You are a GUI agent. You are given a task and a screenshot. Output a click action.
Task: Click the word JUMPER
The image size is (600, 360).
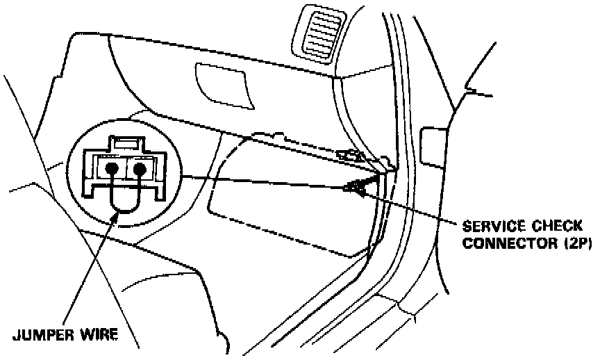point(45,335)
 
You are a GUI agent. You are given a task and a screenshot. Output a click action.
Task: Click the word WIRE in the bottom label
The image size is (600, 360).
point(100,335)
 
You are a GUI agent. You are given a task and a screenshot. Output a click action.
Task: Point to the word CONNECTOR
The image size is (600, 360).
point(501,243)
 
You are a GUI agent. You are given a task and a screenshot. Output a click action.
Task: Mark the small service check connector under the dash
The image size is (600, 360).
point(356,186)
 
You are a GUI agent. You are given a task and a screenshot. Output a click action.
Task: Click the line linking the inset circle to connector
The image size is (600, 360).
point(264,181)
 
